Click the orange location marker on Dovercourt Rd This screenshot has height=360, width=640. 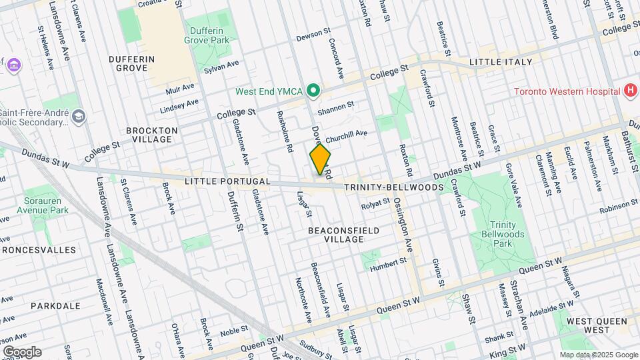(320, 159)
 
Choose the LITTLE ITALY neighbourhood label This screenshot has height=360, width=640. (501, 62)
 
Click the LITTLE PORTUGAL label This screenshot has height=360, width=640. (219, 181)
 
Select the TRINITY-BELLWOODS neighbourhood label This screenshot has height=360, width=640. (394, 188)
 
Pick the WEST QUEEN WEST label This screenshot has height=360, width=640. (589, 325)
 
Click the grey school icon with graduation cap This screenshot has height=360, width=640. (78, 117)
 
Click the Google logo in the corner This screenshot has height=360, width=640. (22, 352)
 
